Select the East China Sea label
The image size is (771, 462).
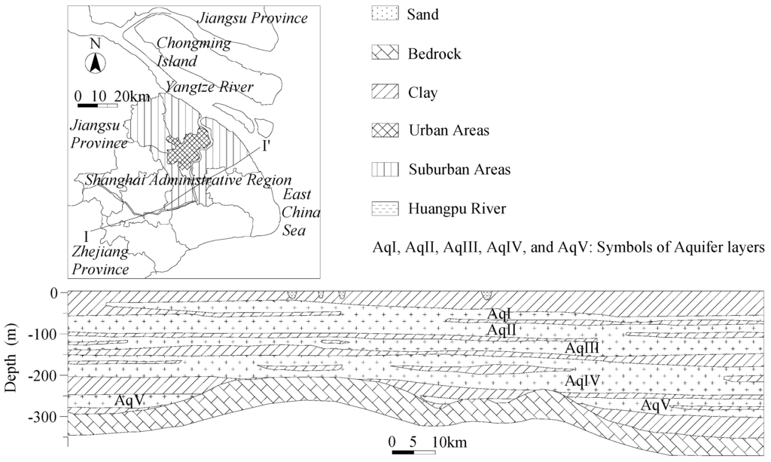301,213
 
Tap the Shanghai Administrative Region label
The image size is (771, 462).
188,180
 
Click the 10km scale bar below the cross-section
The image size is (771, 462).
413,452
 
